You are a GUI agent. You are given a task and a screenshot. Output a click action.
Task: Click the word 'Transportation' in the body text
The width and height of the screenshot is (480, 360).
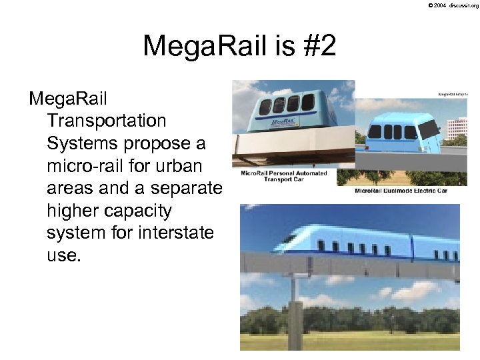(107, 121)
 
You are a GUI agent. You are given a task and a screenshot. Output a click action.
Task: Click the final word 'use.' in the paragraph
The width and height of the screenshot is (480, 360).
(64, 256)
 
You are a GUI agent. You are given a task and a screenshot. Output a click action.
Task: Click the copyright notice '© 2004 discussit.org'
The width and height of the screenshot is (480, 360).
(453, 5)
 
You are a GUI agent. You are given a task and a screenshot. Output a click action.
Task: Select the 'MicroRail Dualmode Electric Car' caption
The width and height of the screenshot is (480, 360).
(401, 191)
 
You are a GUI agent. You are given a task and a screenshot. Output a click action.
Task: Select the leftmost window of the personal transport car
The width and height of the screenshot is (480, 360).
(265, 107)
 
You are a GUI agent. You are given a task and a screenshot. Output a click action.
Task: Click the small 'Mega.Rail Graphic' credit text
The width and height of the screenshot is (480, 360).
(452, 95)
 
